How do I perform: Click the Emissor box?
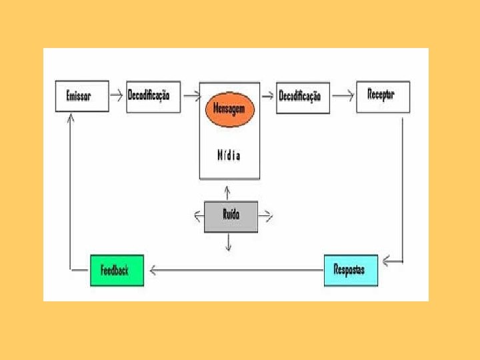pos(81,96)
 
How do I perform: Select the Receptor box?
pos(383,95)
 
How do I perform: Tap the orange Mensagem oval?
pos(229,109)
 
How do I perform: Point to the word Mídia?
pos(229,155)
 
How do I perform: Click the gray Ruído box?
pos(231,215)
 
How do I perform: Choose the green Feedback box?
pos(116,270)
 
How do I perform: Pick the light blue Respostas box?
pos(350,270)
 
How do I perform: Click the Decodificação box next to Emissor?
pos(153,96)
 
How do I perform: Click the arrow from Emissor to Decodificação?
pos(117,95)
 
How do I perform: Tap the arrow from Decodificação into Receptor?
pos(343,95)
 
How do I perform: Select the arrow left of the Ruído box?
pos(198,215)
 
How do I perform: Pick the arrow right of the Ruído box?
pos(265,215)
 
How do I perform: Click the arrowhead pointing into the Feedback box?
pos(153,270)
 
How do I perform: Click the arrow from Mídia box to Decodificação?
pos(267,95)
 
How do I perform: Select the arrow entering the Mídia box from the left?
pos(192,95)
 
